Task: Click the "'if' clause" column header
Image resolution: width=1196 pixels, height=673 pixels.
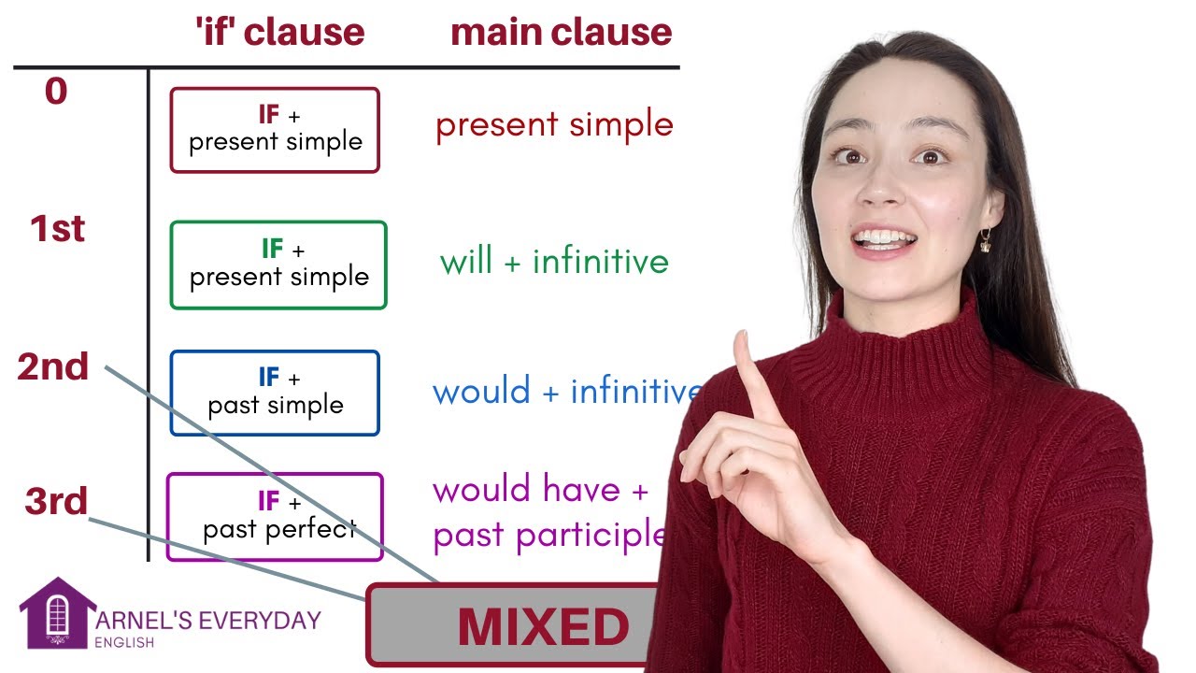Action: (x=279, y=33)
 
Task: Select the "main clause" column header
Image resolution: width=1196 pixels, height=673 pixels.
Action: (x=561, y=33)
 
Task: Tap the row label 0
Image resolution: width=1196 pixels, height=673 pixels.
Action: (x=56, y=92)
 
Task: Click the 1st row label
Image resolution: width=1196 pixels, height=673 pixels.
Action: (x=57, y=229)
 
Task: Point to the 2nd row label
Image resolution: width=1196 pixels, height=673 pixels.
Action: (x=53, y=366)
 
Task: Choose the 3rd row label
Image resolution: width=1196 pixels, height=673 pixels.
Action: (x=56, y=502)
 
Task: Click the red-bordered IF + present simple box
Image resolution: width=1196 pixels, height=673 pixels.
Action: (x=275, y=130)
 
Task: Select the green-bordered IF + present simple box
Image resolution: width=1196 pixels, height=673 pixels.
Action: (x=278, y=265)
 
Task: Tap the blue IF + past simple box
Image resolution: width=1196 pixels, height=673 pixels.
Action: (x=275, y=393)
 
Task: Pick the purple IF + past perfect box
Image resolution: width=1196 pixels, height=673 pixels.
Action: (x=275, y=517)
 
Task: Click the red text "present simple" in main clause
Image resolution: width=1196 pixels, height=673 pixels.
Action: (x=554, y=124)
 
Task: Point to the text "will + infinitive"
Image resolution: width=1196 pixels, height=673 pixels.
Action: (x=554, y=261)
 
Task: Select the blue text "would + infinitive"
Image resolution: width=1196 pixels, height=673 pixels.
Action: (x=566, y=391)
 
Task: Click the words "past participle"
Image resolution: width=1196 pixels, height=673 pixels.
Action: (x=549, y=535)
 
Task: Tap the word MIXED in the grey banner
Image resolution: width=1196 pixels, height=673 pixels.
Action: (x=543, y=627)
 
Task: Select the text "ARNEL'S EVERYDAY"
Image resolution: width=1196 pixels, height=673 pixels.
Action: (x=207, y=620)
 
